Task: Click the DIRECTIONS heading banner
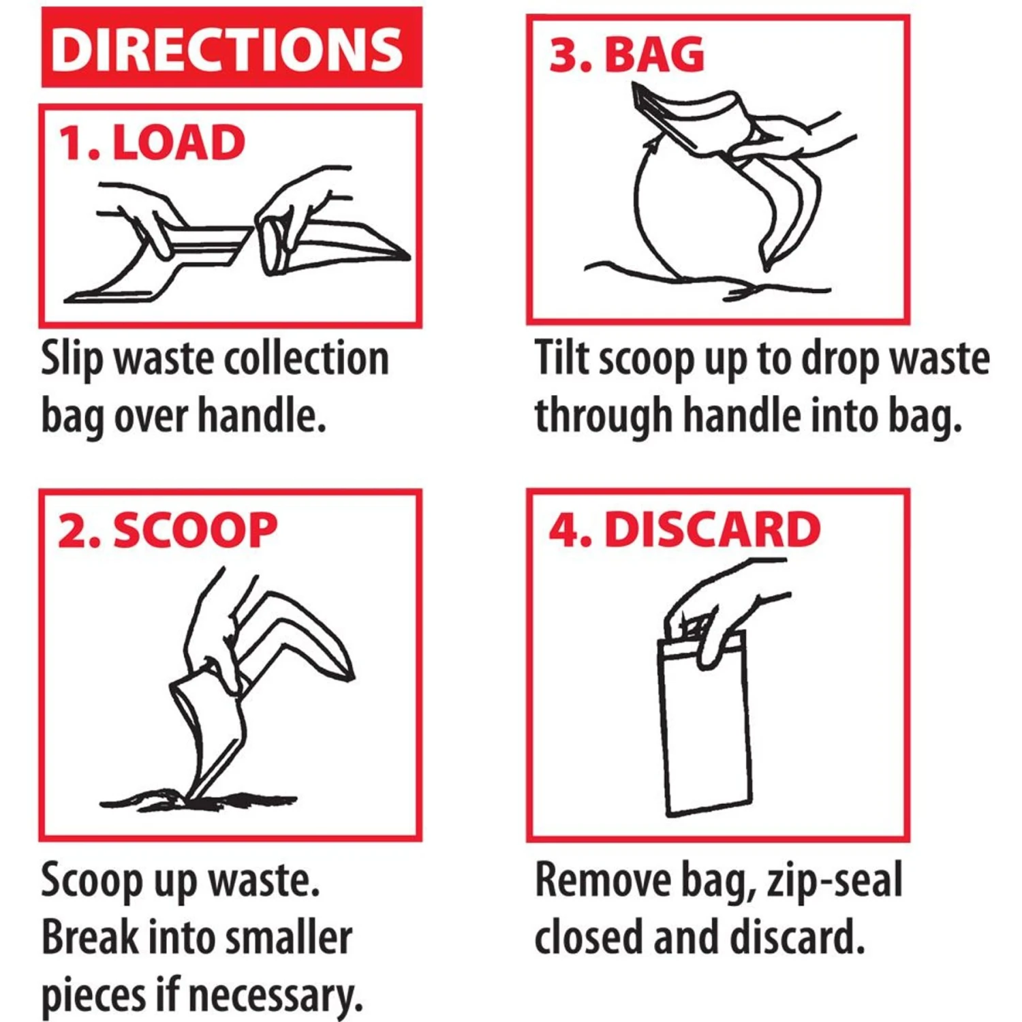231,48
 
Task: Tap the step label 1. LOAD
151,143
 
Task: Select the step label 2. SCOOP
167,531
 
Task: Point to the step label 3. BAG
626,55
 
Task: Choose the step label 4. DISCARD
684,529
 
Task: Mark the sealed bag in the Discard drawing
706,736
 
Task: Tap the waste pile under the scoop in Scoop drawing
198,801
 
